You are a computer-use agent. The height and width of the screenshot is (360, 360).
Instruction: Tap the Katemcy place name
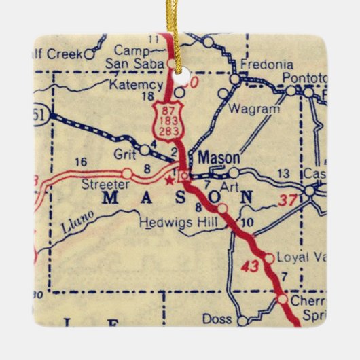coord(140,85)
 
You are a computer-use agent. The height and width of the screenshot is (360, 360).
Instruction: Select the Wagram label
coord(254,109)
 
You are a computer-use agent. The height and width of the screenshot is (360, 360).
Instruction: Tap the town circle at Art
coord(234,173)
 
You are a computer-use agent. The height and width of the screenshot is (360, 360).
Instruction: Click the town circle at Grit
coord(145,149)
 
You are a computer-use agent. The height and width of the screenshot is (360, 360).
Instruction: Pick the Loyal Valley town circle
coord(269,258)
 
